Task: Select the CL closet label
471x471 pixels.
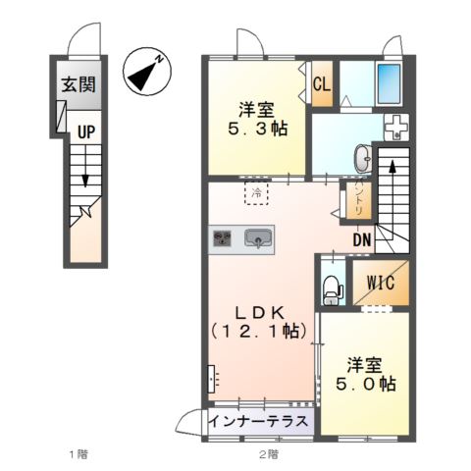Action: [321, 84]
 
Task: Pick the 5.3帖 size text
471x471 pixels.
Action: [259, 129]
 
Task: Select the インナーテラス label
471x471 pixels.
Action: [260, 422]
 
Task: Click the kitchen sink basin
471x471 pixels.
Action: [259, 238]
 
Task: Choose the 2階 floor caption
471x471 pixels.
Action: [268, 455]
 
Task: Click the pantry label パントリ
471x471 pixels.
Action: [356, 201]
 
